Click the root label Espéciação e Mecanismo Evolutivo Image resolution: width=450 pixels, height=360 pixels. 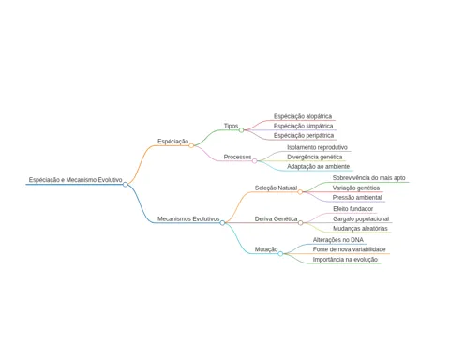[x=75, y=180]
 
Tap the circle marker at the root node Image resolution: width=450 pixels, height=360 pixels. [x=126, y=185]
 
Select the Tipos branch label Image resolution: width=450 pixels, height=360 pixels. [x=231, y=126]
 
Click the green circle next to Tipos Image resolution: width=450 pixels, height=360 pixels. [x=241, y=130]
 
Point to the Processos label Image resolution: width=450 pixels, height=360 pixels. [x=237, y=157]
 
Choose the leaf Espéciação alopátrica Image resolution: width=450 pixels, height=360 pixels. [x=303, y=116]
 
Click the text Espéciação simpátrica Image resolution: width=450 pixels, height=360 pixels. [x=303, y=126]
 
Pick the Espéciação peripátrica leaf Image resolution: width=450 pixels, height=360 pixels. [x=304, y=136]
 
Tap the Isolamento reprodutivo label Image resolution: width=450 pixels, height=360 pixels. [x=317, y=147]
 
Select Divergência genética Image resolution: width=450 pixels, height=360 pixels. [x=315, y=157]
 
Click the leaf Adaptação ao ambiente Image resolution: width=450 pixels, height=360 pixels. [x=318, y=167]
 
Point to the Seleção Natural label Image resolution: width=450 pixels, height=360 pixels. [x=276, y=187]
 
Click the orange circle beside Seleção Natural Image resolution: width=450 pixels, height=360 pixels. [x=300, y=192]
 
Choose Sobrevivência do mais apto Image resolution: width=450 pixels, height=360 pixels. [x=368, y=178]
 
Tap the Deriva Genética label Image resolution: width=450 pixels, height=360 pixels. [x=276, y=219]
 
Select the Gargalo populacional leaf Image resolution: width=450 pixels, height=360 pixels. [x=361, y=219]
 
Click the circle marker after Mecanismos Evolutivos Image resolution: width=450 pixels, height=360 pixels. [x=222, y=223]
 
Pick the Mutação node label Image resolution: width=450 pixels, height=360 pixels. [x=266, y=249]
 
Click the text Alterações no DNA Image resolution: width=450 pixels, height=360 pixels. [x=338, y=240]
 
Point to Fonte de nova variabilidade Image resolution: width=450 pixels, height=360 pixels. [x=349, y=249]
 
